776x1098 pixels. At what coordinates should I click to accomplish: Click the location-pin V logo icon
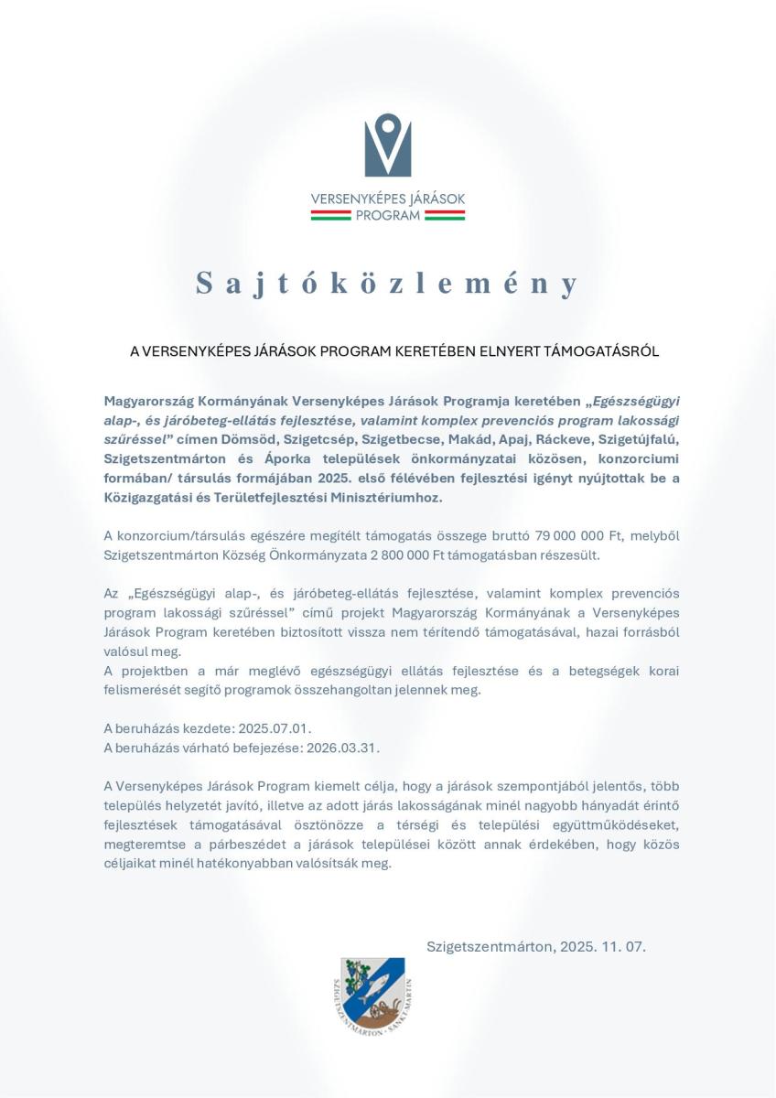[388, 145]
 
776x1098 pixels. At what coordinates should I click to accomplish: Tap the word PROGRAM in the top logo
[388, 216]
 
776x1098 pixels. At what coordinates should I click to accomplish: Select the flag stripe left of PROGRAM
[331, 216]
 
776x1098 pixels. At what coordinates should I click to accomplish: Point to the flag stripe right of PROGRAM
[444, 216]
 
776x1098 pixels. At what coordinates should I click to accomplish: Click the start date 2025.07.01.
[275, 729]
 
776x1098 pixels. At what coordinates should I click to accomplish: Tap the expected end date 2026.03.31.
[341, 748]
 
